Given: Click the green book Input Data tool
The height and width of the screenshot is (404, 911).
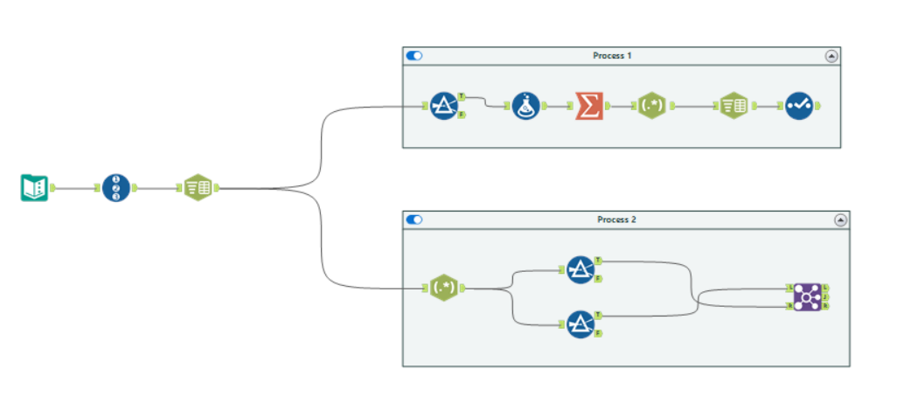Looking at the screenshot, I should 34,187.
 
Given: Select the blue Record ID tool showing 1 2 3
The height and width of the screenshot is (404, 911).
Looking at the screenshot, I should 115,187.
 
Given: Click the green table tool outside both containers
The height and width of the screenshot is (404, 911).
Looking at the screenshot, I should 198,187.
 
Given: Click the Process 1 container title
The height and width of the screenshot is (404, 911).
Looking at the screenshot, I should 612,56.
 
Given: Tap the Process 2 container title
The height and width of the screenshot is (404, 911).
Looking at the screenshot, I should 616,219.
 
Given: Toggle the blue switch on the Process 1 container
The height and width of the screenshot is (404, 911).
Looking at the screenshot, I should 414,56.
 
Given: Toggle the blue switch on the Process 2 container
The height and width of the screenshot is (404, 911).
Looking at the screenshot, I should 414,219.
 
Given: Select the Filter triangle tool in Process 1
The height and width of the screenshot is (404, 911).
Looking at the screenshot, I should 444,106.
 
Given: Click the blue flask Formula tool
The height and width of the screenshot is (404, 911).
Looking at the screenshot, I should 525,106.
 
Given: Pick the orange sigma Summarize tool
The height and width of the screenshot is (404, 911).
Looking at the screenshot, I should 589,106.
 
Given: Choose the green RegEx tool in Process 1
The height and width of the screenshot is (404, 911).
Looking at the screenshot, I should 652,106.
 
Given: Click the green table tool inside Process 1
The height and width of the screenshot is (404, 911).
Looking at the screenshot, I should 734,106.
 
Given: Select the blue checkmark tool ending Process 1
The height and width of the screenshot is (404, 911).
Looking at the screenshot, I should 798,106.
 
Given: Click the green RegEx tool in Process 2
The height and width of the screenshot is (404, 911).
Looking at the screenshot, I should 443,288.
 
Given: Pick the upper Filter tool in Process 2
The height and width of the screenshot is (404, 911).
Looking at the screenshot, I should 581,269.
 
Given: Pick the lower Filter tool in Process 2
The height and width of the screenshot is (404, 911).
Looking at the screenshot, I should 581,324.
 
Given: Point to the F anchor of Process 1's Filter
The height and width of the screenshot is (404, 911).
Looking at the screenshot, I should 462,115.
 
